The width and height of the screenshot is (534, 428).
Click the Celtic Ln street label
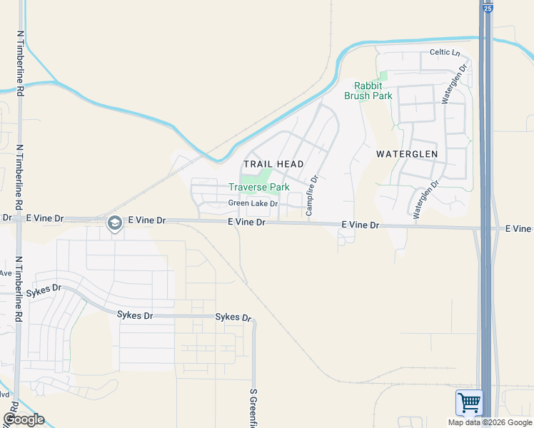click(445, 52)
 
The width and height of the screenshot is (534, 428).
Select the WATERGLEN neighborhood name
click(405, 154)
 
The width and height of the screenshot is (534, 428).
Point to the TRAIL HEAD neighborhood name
click(273, 164)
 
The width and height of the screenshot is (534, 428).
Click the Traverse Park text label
click(258, 187)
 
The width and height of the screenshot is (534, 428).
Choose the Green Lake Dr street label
click(252, 203)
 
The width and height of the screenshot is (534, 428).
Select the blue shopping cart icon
click(469, 403)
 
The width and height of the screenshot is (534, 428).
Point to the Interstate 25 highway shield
click(488, 7)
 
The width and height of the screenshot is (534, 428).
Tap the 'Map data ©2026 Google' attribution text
click(490, 422)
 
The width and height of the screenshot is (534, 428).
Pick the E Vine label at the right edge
click(519, 228)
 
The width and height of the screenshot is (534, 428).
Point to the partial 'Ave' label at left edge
click(5, 272)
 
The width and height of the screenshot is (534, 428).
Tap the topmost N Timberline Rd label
click(19, 62)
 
